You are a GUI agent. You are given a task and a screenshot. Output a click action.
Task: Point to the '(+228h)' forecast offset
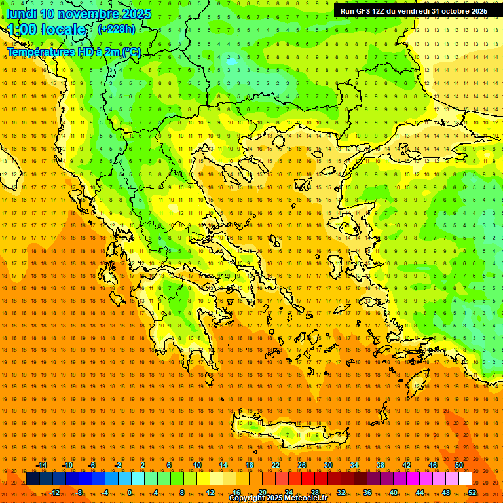pyautogui.click(x=116, y=29)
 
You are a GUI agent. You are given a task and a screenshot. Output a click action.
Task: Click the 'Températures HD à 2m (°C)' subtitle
pyautogui.click(x=73, y=52)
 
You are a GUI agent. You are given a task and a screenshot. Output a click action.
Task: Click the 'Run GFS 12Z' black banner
pyautogui.click(x=413, y=11)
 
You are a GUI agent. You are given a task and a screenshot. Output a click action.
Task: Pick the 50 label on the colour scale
pyautogui.click(x=458, y=465)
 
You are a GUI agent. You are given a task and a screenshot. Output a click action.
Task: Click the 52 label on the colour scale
pyautogui.click(x=472, y=492)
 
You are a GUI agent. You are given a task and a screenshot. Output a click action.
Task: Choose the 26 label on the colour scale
pyautogui.click(x=301, y=465)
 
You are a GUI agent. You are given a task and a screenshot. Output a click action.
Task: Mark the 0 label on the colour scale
pyautogui.click(x=130, y=492)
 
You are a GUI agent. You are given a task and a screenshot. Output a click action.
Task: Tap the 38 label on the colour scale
pyautogui.click(x=380, y=465)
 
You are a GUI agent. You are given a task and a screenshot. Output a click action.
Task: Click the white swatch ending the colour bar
pyautogui.click(x=465, y=478)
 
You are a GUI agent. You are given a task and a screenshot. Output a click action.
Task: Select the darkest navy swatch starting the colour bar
pyautogui.click(x=33, y=478)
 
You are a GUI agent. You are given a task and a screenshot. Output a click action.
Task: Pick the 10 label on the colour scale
pyautogui.click(x=196, y=465)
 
